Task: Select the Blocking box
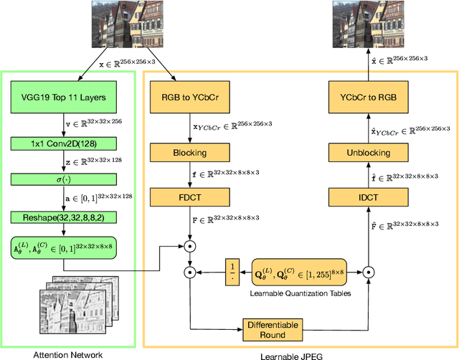189,152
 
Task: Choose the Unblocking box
369,152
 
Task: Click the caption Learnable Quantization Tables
301,293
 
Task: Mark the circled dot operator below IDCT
369,273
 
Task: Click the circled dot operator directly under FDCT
189,246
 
